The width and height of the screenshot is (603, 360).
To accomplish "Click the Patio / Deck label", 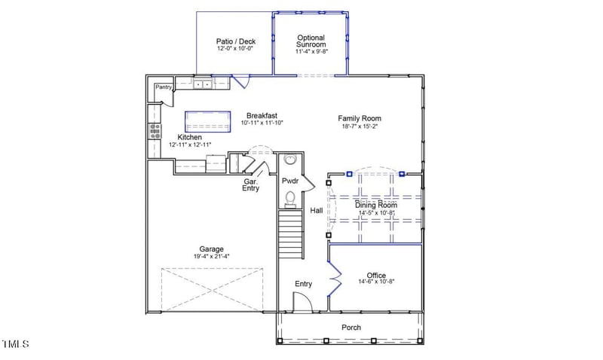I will (x=234, y=42).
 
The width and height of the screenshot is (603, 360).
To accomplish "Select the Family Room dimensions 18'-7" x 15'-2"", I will (x=359, y=127).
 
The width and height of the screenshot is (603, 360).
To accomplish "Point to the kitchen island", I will (x=207, y=120).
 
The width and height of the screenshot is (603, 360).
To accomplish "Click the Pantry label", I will (x=164, y=87).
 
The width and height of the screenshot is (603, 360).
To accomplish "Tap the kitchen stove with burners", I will (x=155, y=131).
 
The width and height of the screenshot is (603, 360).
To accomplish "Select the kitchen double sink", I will (x=203, y=85).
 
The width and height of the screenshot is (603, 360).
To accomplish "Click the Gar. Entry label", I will (x=251, y=185).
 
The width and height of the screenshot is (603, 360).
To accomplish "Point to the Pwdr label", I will (x=290, y=182).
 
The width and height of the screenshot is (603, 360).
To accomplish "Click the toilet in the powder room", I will (x=290, y=198).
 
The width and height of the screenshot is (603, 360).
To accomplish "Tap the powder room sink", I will (x=290, y=160).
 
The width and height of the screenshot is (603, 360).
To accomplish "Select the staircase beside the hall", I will (x=290, y=233).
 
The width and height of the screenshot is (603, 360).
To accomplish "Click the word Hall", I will (x=317, y=211).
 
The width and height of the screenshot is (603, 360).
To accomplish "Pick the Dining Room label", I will (x=375, y=205).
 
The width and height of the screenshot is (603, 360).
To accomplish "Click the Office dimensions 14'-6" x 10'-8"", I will (x=375, y=282).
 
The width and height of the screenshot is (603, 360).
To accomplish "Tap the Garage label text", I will (x=211, y=249).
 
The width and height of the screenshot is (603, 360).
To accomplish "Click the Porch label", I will (x=351, y=328).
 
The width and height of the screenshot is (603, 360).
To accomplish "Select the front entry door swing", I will (x=301, y=301).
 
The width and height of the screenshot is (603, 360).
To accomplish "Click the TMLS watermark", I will (x=15, y=344).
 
